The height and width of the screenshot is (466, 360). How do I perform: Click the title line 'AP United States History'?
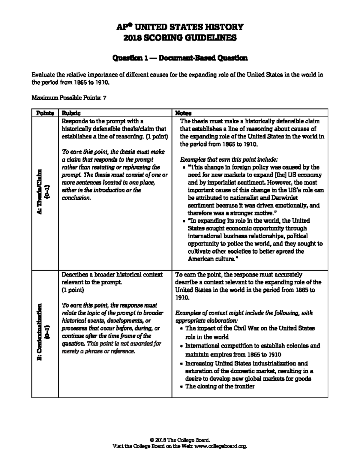tap(180, 27)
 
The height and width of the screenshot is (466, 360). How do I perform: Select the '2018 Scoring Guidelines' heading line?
tap(180, 38)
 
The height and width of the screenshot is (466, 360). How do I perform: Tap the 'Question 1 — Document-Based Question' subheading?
tap(180, 58)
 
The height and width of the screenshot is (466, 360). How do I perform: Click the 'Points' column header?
tap(45, 113)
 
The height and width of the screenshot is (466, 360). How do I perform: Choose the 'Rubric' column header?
tap(71, 113)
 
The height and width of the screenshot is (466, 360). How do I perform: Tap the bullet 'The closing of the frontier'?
tap(220, 386)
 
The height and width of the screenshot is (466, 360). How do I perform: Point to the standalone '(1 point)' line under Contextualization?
tap(73, 290)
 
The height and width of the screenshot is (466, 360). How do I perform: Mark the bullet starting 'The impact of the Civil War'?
tap(250, 328)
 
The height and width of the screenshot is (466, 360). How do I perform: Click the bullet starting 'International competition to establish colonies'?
tap(252, 346)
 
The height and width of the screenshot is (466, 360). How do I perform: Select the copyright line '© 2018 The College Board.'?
tap(180, 440)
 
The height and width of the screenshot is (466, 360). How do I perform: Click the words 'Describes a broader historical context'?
tap(112, 275)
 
